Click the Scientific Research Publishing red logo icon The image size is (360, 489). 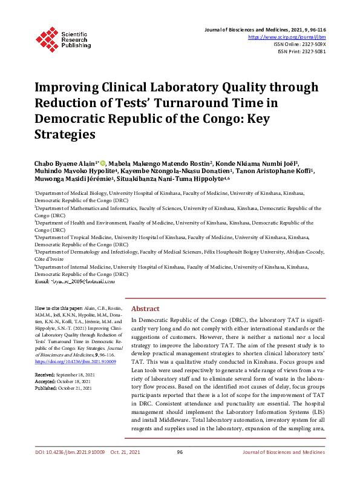click(46, 38)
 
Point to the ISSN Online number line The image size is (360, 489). click(300, 44)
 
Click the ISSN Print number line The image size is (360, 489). click(301, 51)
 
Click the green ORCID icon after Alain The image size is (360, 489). click(103, 163)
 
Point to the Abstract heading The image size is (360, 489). click(145, 308)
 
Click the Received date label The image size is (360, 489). click(44, 375)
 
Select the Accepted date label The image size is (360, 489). click(44, 382)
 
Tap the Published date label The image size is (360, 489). click(45, 389)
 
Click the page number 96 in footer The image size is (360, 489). click(180, 469)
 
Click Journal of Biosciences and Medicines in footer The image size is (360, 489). click(284, 469)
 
